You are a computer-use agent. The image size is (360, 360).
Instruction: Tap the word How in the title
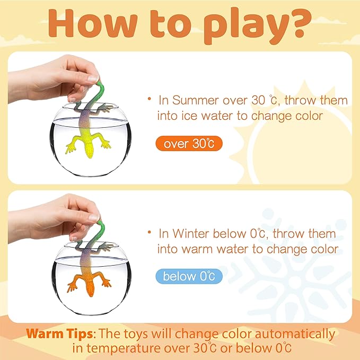coord(93,23)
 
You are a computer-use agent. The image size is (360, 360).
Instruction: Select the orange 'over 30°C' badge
coord(189,144)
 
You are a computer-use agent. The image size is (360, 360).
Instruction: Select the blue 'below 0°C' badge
coord(189,276)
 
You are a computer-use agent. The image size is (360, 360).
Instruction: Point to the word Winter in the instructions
coord(191,233)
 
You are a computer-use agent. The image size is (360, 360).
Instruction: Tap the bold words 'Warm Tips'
coord(60,333)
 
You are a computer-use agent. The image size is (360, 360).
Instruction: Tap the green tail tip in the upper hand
coord(99,83)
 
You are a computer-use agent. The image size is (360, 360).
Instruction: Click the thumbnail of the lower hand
coord(94,217)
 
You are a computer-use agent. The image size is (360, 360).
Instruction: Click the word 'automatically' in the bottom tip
coord(295,334)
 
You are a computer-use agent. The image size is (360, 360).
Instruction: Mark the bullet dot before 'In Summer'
coord(150,99)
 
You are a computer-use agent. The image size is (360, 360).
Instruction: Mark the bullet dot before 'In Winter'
coord(150,232)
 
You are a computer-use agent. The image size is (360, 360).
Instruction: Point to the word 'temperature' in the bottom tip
coord(124,348)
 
